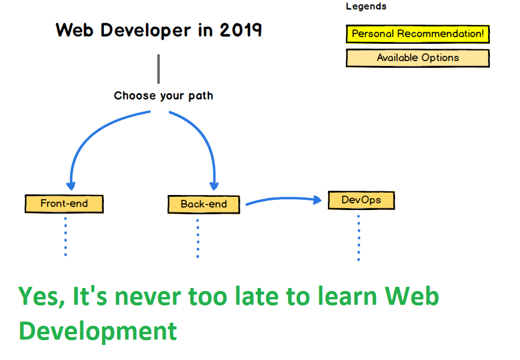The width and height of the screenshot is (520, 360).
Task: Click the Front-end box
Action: pos(64,203)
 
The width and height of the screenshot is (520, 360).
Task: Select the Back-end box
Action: pos(204,204)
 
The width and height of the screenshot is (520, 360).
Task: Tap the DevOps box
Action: pos(361,200)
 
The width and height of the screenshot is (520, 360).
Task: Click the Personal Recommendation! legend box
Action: pos(417,34)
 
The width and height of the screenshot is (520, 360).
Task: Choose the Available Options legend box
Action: pos(417,58)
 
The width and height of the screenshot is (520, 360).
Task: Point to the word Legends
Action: pos(366,6)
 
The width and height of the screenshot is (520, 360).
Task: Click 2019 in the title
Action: pos(241,30)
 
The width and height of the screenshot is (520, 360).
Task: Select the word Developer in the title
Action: pos(145,31)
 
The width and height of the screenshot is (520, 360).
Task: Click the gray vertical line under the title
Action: pos(159,69)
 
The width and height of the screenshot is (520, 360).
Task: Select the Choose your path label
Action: pos(163,96)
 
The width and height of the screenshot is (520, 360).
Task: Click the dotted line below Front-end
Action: pos(65,236)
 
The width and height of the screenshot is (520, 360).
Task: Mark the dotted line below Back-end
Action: pos(198,238)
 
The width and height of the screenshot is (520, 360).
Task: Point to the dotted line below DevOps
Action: pos(358,238)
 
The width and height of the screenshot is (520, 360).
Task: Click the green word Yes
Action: pos(41,296)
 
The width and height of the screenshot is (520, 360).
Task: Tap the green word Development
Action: pos(98,331)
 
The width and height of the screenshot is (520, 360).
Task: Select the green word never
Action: pos(148,296)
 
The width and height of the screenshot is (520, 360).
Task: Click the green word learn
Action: pos(347,296)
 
